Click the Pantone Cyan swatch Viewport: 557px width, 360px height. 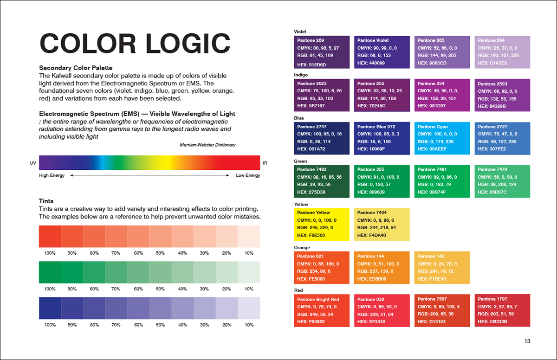click(x=442, y=138)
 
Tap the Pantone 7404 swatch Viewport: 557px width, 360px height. click(x=382, y=224)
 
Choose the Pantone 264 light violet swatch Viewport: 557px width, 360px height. click(x=502, y=52)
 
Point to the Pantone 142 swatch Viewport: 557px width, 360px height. click(x=442, y=267)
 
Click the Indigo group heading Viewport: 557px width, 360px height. click(x=301, y=75)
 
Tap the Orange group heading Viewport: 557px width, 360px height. click(x=302, y=248)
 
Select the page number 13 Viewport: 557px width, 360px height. click(x=527, y=341)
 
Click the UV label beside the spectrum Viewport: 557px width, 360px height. click(x=33, y=163)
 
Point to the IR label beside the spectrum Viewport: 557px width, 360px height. click(x=265, y=163)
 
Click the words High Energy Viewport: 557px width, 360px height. click(x=52, y=175)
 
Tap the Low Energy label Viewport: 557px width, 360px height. click(x=248, y=175)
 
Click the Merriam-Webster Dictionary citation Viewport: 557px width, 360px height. click(x=207, y=145)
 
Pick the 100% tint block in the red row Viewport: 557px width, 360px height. click(x=50, y=236)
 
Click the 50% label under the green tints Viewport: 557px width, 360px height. click(x=160, y=289)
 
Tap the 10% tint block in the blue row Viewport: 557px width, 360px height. click(x=249, y=308)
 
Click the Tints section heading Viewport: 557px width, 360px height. click(x=46, y=201)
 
